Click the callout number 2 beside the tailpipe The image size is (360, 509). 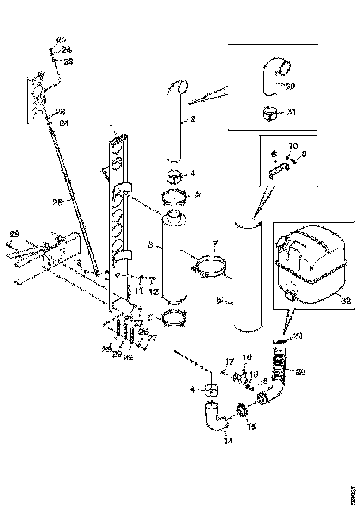tap(193, 119)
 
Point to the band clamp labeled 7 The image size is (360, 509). tap(210, 267)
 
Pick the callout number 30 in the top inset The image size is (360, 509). tap(290, 86)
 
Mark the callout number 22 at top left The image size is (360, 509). tap(62, 39)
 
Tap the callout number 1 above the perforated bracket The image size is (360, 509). tap(112, 127)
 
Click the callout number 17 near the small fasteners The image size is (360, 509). tap(227, 360)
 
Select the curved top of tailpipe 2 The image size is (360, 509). tap(177, 87)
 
